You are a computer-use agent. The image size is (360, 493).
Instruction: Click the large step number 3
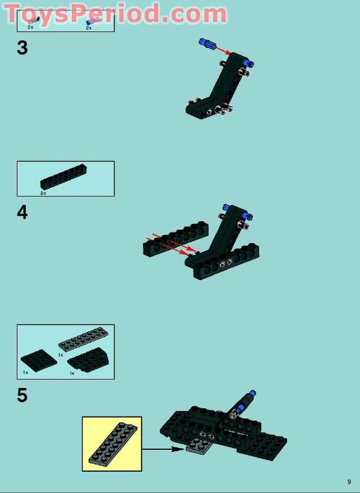[x=22, y=48]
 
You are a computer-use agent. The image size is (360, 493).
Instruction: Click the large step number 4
[x=22, y=212]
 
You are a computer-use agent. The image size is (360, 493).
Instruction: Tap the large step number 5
[x=22, y=395]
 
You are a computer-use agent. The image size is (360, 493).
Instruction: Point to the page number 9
[x=349, y=482]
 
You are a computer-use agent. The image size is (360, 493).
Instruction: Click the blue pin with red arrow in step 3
[x=207, y=43]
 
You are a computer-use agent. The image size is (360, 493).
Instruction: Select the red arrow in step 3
[x=223, y=51]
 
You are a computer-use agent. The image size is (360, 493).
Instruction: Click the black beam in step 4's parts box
[x=64, y=177]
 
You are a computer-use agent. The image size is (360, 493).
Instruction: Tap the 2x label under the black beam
[x=43, y=193]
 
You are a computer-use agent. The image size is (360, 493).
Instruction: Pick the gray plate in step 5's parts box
[x=83, y=339]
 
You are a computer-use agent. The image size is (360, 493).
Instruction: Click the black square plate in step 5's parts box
[x=39, y=360]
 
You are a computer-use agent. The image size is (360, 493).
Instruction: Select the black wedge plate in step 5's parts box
[x=89, y=360]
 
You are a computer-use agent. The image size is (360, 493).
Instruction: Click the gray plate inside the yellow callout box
[x=113, y=444]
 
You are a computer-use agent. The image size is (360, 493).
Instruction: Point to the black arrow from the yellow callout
[x=163, y=449]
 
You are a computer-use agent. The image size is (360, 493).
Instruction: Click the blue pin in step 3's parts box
[x=90, y=21]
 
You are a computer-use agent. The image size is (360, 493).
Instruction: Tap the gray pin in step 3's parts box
[x=34, y=21]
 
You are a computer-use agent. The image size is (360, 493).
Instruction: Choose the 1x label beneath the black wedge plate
[x=72, y=373]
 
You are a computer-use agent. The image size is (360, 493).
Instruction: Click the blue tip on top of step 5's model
[x=252, y=393]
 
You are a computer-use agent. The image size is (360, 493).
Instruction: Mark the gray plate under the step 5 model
[x=199, y=446]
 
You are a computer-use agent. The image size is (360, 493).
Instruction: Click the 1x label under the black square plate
[x=25, y=372]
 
